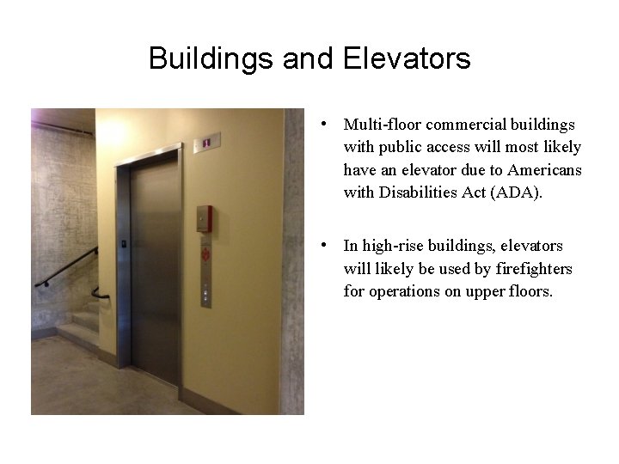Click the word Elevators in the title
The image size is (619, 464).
click(x=407, y=58)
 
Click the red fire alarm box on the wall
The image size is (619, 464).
click(x=204, y=218)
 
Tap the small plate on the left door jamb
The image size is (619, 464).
click(x=125, y=244)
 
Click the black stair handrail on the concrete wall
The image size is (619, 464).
click(x=69, y=266)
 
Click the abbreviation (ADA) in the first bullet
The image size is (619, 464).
click(x=513, y=192)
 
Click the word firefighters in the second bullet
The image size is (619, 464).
click(x=530, y=268)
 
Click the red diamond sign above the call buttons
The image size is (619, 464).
click(x=205, y=254)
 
